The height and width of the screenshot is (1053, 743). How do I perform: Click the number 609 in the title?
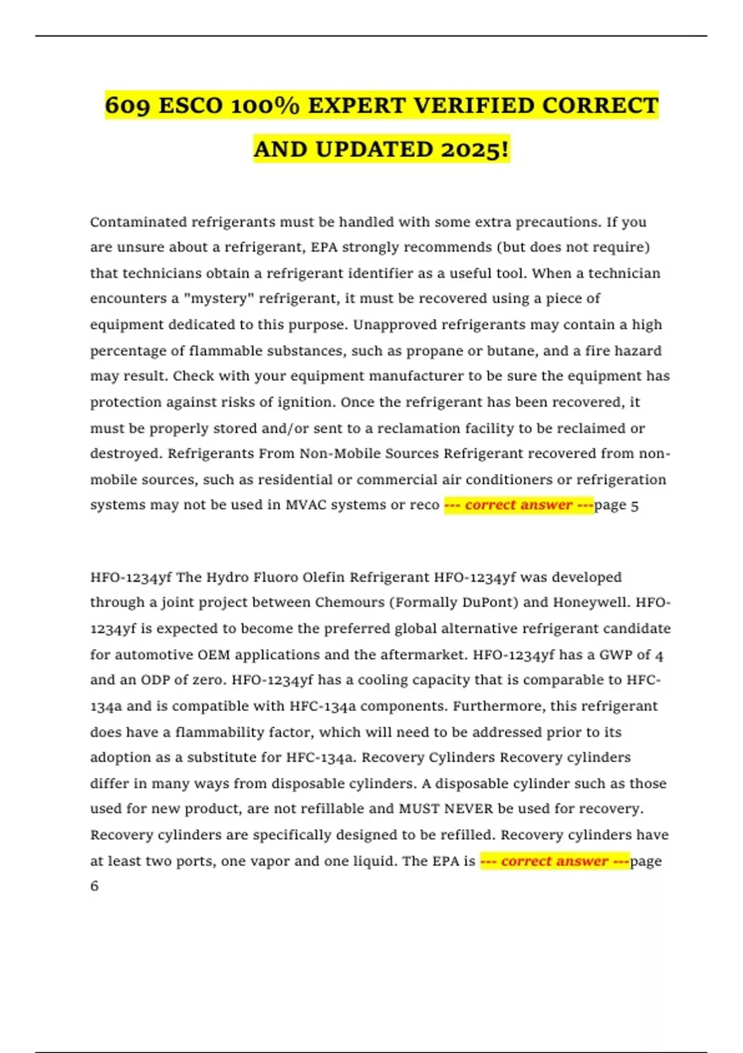[127, 106]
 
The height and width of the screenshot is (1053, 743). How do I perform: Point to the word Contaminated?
[139, 222]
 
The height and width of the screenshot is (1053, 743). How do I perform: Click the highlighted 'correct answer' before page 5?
[519, 505]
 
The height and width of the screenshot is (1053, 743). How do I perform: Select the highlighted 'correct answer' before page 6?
[555, 861]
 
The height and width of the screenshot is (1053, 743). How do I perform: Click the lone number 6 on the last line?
[94, 886]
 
